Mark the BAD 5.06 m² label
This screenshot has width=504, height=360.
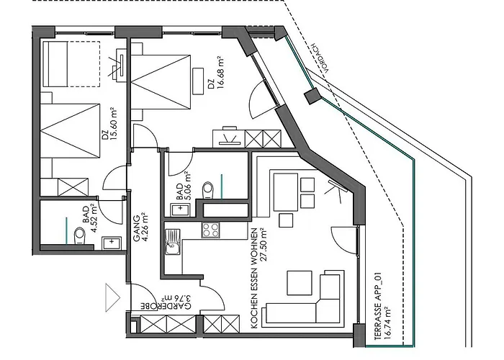point(183,184)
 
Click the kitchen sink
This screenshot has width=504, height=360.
point(174,248)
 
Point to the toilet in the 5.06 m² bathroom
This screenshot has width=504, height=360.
point(208,189)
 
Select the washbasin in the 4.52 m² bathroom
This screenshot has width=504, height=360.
point(111,243)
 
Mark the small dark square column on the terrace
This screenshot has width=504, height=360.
point(312,96)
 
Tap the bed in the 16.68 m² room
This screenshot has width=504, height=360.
point(162,87)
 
